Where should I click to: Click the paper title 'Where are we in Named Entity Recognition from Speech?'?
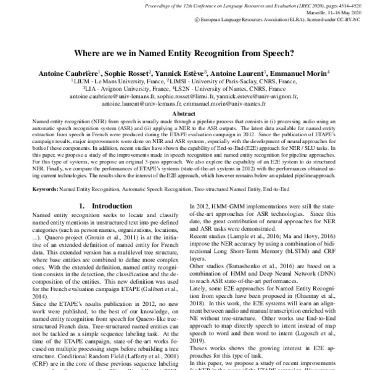point(185,54)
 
